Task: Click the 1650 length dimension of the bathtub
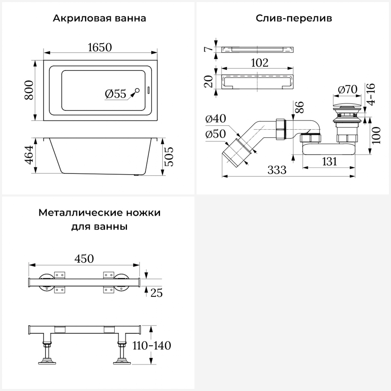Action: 100,47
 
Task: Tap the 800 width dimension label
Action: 29,90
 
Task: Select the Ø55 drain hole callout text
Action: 115,94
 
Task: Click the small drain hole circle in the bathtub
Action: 137,90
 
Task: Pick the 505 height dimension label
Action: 169,157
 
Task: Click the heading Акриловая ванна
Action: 99,19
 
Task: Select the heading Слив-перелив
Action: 294,19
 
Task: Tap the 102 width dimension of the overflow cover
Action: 260,63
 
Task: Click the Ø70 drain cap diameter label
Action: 347,89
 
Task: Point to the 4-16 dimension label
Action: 371,94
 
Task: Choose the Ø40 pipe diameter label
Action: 216,119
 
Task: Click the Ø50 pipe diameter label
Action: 216,134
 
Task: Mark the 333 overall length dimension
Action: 277,170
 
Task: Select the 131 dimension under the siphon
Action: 329,162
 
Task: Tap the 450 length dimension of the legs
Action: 84,259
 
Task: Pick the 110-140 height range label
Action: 152,346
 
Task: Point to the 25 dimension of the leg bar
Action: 156,293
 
